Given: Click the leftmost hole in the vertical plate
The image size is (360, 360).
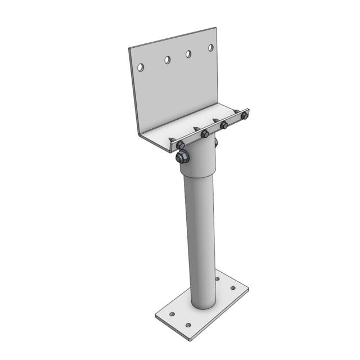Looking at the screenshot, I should [x=141, y=67].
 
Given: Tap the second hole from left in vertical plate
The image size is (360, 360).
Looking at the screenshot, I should [x=167, y=60].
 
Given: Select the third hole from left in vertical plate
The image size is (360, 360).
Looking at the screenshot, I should [x=188, y=54].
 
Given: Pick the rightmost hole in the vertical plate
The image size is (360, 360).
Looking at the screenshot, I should [x=211, y=48].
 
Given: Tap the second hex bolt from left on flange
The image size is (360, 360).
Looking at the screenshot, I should [x=205, y=133].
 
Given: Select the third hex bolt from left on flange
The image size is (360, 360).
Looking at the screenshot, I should [x=224, y=125].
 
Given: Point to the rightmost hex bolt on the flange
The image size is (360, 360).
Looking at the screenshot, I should [x=244, y=116].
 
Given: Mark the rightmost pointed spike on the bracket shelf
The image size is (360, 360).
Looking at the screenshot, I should [x=236, y=111].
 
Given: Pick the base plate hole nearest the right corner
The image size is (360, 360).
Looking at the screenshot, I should [x=233, y=289].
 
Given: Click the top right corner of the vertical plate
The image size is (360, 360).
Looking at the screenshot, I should [x=216, y=28].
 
